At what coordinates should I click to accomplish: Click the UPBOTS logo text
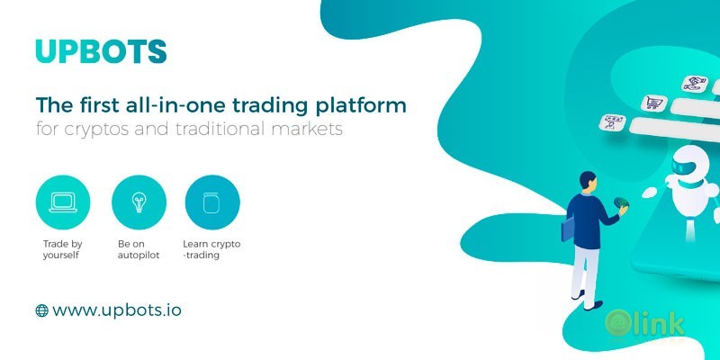point(101,50)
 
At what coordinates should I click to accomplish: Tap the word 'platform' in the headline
point(361,105)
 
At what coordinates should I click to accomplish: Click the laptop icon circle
point(64,203)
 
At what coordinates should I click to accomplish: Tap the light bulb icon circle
point(139,203)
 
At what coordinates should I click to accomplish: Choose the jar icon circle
point(212,203)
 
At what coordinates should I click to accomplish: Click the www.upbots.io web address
point(117,310)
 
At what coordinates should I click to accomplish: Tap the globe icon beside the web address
point(41,310)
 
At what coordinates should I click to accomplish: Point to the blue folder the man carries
point(568,229)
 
